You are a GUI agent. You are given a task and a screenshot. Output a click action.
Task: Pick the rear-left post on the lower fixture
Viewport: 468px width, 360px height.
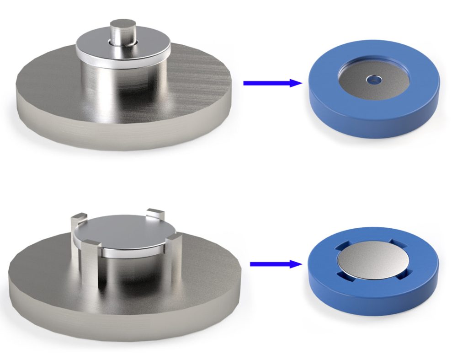click(x=76, y=224)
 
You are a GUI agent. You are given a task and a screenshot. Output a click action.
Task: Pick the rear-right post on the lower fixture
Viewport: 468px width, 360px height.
click(x=154, y=215)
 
